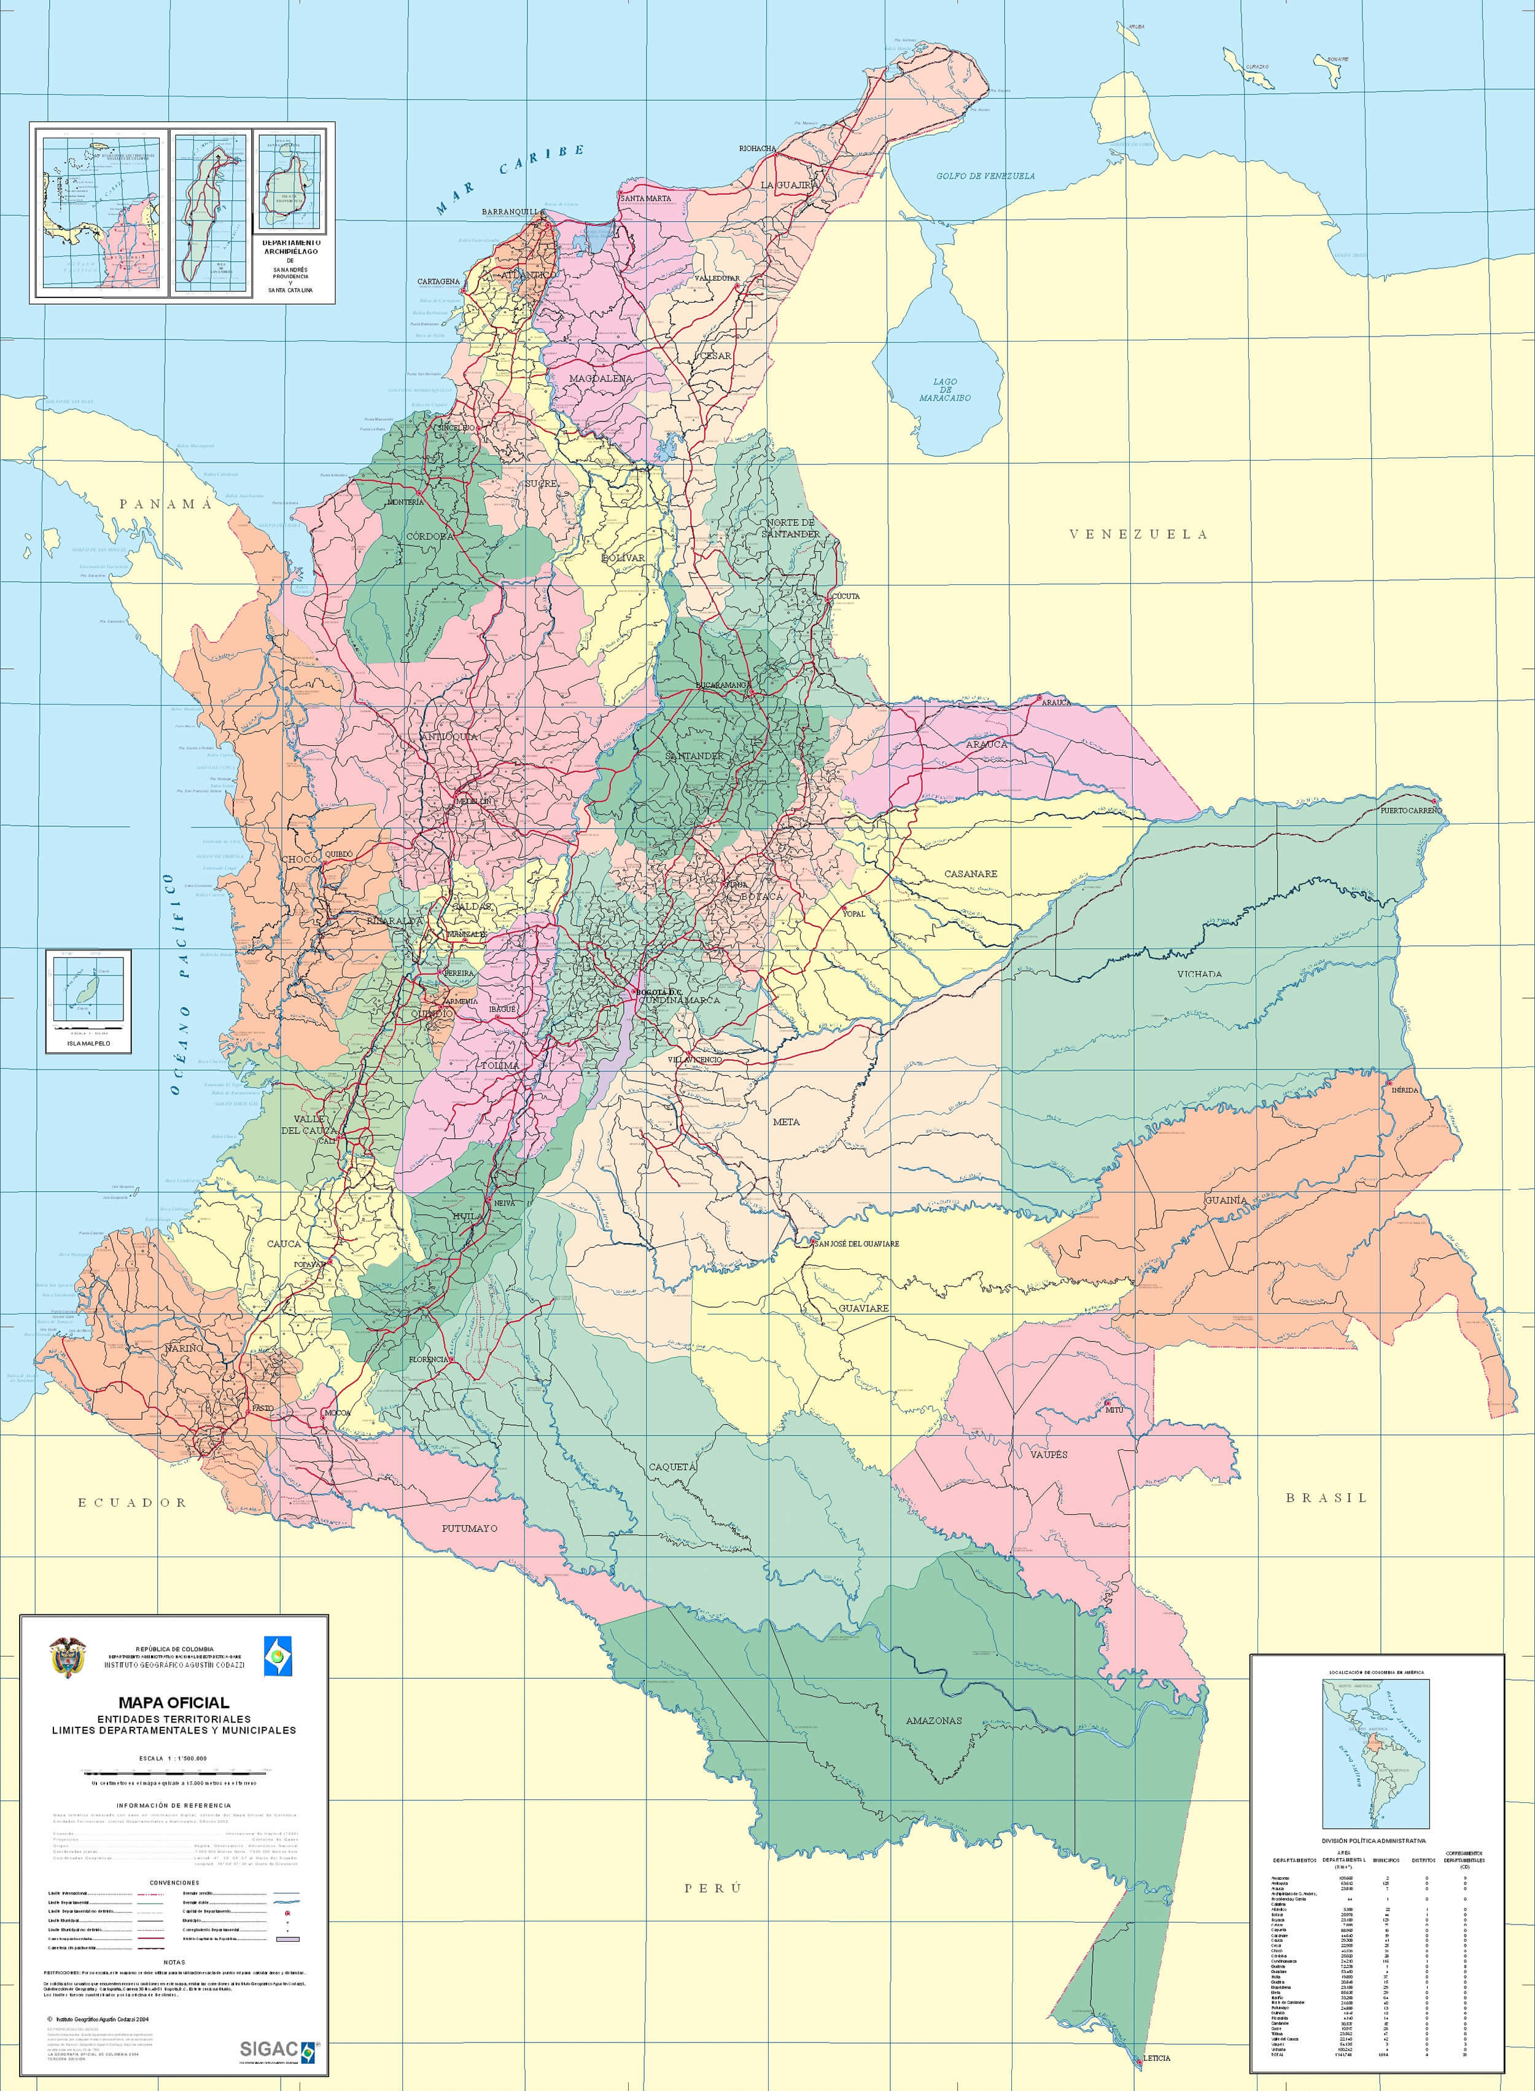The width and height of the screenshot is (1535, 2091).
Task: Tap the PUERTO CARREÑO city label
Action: tap(1410, 810)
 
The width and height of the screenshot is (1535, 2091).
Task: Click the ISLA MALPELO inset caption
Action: tap(88, 1042)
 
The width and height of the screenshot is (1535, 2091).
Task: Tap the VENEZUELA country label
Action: tap(1137, 534)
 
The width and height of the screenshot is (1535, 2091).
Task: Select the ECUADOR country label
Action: tap(132, 1502)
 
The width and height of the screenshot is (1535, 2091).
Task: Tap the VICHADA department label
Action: tap(1199, 974)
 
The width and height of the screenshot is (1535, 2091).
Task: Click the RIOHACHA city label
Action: tap(757, 149)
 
